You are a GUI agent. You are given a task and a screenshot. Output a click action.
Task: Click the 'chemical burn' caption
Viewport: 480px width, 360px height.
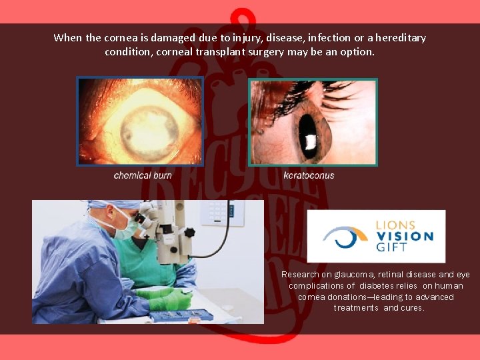143,175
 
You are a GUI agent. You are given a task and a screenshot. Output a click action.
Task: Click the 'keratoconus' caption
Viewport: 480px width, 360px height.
309,175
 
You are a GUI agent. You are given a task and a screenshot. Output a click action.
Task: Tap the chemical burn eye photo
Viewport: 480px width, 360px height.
141,121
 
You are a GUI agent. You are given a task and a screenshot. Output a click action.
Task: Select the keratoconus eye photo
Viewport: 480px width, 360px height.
313,122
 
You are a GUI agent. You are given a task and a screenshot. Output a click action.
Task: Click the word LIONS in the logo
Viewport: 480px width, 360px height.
395,225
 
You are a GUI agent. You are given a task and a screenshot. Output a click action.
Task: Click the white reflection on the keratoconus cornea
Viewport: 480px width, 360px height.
310,141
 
